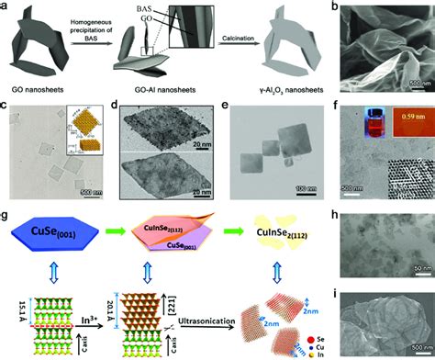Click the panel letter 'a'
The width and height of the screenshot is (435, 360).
coord(6,6)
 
